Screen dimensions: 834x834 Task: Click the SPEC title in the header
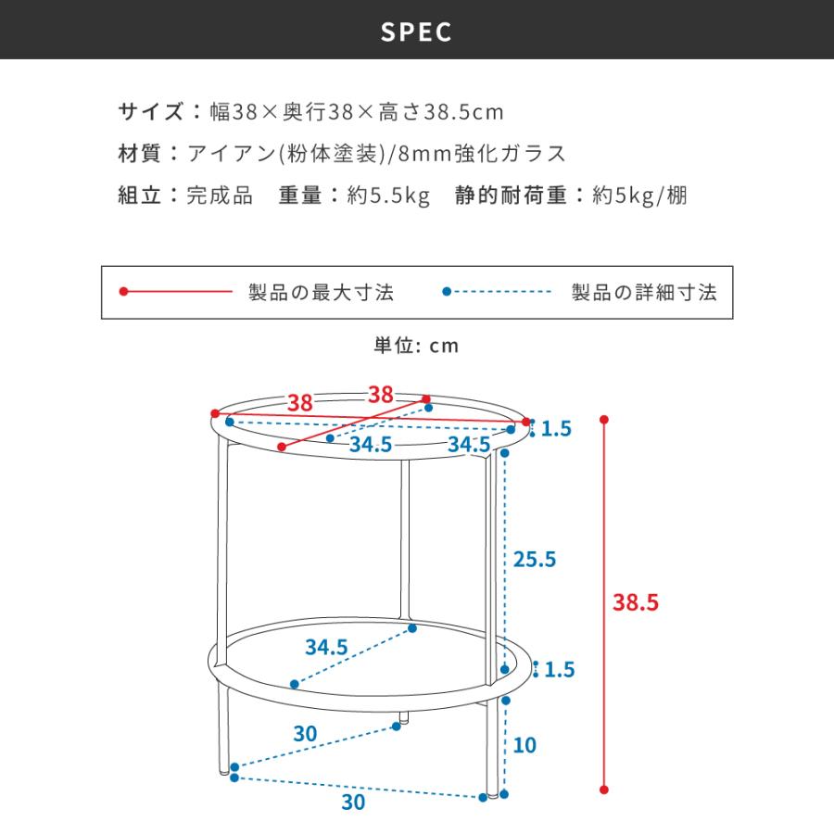(416, 32)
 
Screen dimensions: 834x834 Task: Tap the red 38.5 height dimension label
(635, 602)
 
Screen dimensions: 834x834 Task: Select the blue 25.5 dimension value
(535, 560)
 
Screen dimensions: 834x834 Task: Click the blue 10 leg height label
(524, 745)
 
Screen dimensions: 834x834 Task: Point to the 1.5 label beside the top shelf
(556, 429)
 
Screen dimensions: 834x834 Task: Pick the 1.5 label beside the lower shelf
(560, 670)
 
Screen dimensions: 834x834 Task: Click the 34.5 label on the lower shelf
(326, 648)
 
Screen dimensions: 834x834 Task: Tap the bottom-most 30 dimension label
(354, 802)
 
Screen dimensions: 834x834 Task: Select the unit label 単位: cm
(416, 346)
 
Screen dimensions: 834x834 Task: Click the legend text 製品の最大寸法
(322, 293)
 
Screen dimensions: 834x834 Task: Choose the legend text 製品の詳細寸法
(644, 293)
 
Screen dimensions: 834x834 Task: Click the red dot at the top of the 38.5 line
(603, 420)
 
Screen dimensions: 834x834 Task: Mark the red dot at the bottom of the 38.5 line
(603, 790)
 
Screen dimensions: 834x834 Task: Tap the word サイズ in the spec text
(151, 112)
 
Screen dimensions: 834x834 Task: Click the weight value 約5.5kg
(388, 196)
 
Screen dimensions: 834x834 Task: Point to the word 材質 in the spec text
(139, 154)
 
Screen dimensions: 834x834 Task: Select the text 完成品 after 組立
(219, 196)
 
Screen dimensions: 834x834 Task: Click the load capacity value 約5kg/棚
(639, 196)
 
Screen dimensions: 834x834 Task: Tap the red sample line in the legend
(176, 292)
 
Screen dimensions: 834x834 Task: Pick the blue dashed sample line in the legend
(498, 292)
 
